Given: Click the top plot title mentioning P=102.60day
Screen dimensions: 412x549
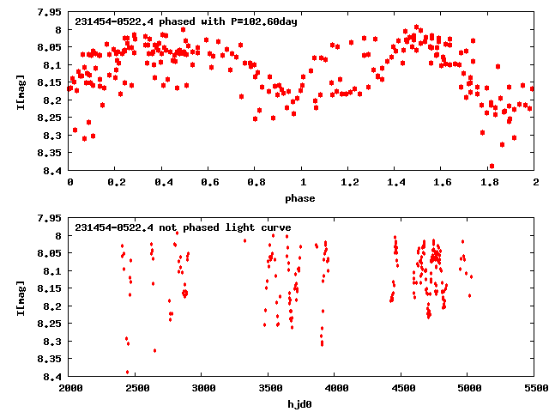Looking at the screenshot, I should [x=186, y=21].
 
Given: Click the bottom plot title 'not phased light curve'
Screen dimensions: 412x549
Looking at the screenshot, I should [x=183, y=227].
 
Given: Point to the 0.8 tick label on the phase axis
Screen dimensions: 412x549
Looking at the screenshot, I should [x=255, y=183].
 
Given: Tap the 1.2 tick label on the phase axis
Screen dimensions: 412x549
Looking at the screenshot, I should [x=348, y=183].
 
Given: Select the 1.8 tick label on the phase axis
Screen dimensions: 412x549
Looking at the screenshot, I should [x=488, y=183].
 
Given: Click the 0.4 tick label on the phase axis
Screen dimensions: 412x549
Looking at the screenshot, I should [x=161, y=183].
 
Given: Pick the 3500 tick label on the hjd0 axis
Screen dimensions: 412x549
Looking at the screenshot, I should [x=268, y=389].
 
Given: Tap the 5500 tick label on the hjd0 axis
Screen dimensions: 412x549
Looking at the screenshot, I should [x=534, y=389].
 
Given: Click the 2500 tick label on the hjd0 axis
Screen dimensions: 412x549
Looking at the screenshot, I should [x=136, y=389].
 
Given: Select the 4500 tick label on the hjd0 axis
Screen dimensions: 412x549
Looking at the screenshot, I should [x=401, y=389].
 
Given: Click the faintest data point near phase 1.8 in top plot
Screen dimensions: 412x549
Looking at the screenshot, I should [x=492, y=166].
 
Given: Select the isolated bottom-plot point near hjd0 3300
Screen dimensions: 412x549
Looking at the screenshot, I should [x=244, y=240].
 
